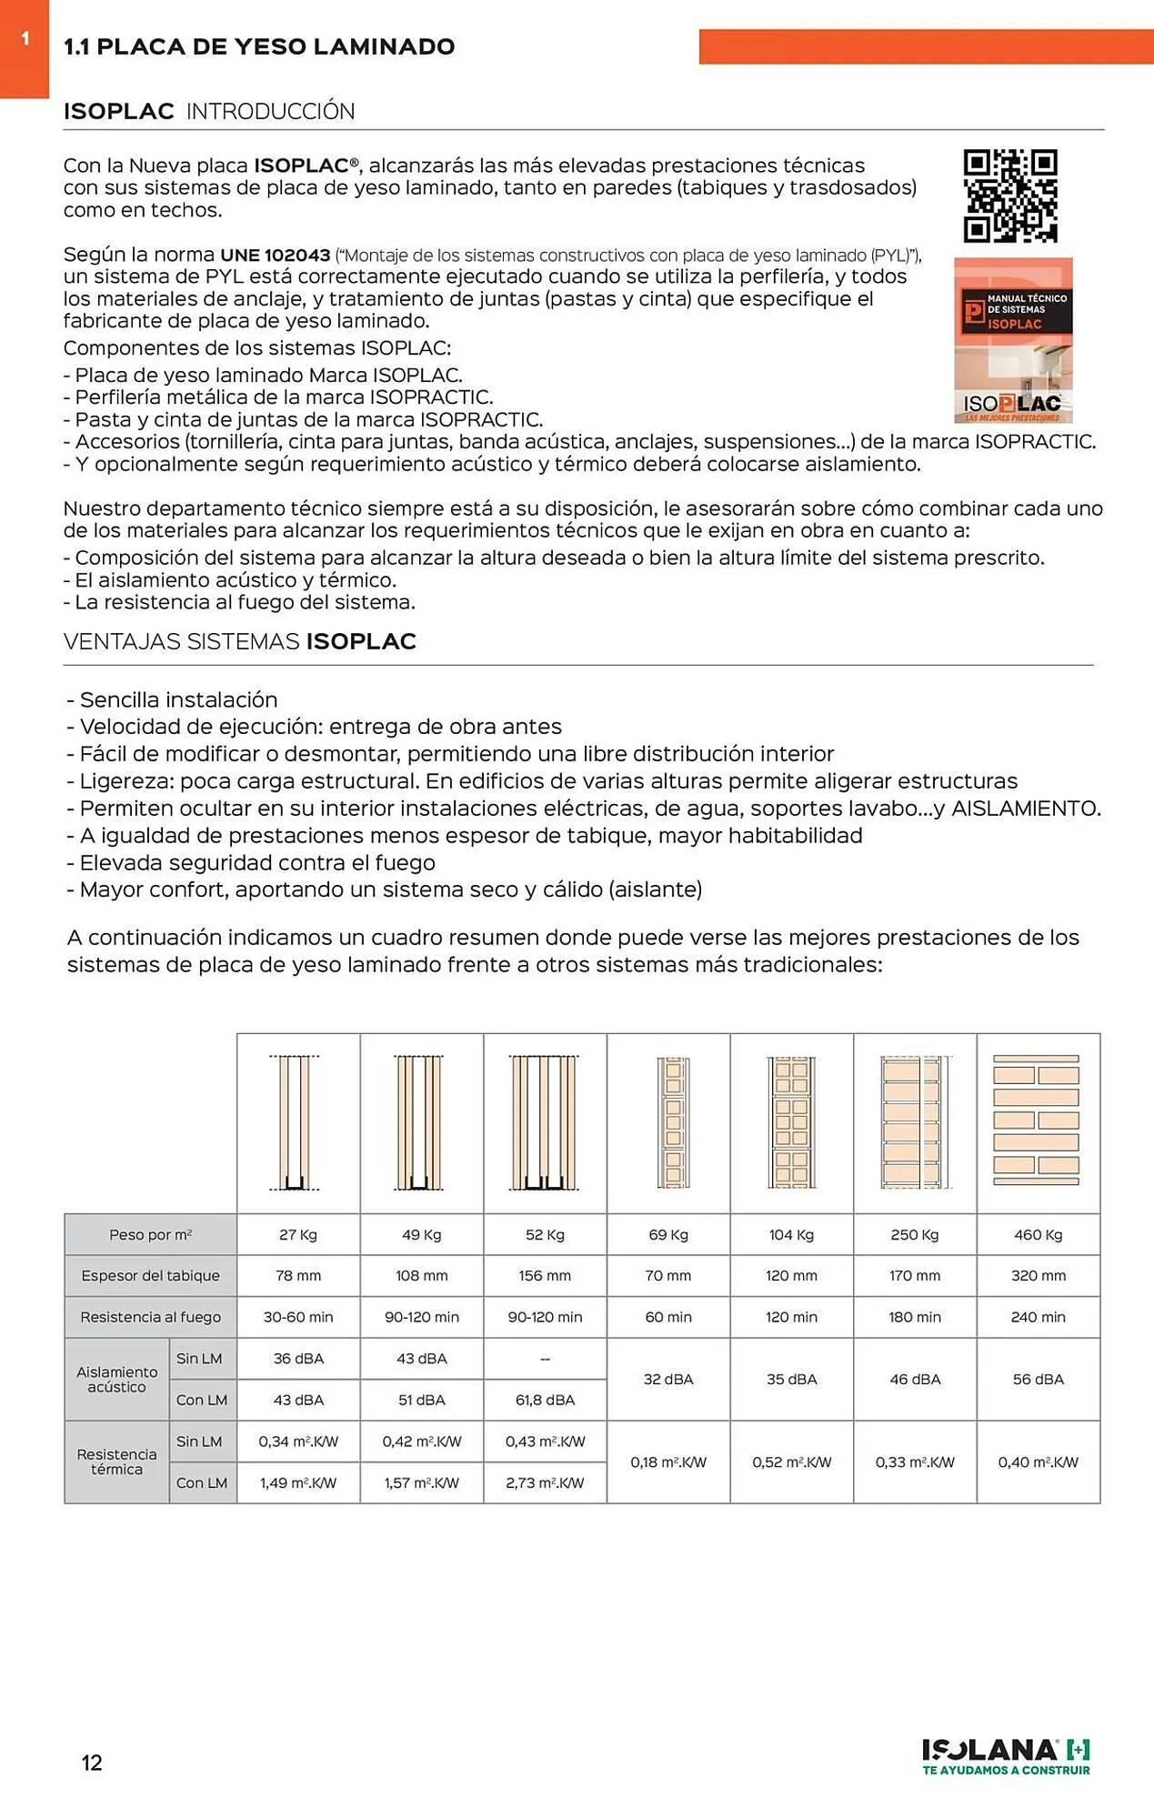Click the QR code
(1010, 196)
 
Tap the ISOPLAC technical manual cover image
(1013, 340)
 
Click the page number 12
(92, 1763)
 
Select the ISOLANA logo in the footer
(1006, 1755)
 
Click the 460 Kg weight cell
(1038, 1234)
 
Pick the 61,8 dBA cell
(545, 1400)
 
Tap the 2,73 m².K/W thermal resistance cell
(545, 1482)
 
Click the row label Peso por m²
(150, 1234)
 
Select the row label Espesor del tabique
(150, 1275)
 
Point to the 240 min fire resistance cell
(1038, 1317)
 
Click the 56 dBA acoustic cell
(1038, 1379)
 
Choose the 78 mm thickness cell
(298, 1275)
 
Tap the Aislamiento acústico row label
(116, 1379)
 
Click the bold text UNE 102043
(275, 256)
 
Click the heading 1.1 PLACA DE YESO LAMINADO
(259, 47)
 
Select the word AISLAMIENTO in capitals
(1025, 809)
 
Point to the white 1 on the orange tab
(25, 38)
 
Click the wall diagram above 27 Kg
(296, 1122)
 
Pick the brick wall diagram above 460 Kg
(1036, 1121)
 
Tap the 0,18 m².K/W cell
(668, 1462)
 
